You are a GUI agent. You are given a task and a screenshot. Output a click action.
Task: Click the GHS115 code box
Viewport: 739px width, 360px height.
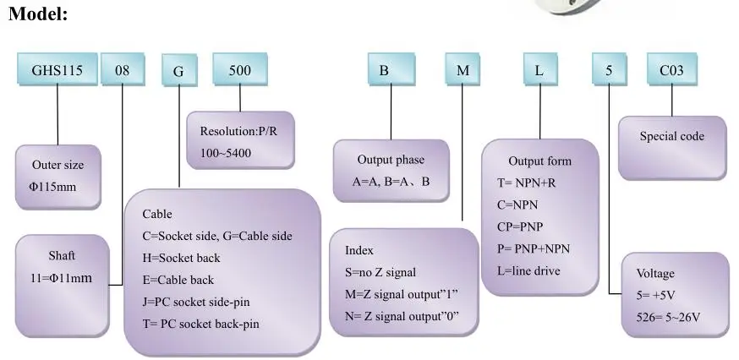click(x=57, y=68)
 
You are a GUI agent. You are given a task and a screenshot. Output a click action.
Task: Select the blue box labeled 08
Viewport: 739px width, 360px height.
click(x=123, y=68)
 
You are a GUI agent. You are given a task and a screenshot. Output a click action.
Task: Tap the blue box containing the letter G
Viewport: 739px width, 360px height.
click(x=179, y=70)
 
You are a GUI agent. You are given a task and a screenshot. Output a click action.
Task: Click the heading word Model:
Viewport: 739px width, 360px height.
click(x=38, y=14)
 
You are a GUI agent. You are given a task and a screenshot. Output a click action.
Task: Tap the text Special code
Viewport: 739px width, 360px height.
click(x=671, y=136)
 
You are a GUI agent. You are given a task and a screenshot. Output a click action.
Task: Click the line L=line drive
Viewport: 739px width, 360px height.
click(x=528, y=271)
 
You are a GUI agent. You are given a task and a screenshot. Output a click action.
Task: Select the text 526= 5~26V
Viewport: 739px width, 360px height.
click(x=668, y=317)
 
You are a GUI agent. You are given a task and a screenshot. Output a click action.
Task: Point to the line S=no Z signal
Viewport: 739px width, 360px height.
click(x=380, y=272)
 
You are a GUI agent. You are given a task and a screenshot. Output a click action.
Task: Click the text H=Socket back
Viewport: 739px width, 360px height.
click(x=181, y=258)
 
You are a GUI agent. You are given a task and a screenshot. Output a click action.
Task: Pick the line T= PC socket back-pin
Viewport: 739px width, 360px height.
click(x=200, y=325)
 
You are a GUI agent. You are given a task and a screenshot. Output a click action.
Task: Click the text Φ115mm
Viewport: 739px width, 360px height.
click(x=52, y=187)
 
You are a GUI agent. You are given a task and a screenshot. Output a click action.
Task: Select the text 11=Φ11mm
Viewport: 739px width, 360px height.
click(x=61, y=278)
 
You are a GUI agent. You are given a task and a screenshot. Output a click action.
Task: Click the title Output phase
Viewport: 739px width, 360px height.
click(x=391, y=160)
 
